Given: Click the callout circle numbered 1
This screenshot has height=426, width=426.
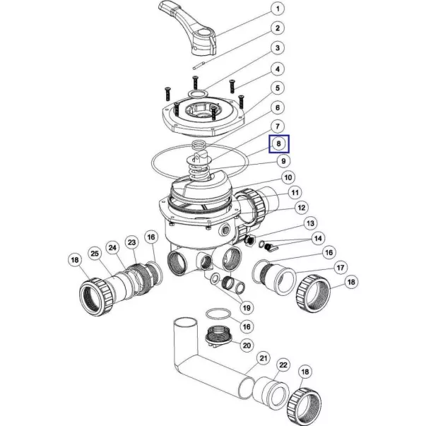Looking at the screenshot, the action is point(278,9).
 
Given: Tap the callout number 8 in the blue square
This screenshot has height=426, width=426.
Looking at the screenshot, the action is point(279,143).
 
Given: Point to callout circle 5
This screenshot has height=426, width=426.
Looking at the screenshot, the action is point(278,88).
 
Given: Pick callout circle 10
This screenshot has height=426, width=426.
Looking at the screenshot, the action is point(288,178).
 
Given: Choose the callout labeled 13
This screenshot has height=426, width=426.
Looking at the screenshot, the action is point(310,223).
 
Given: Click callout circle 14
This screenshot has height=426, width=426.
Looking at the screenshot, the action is point(318,238).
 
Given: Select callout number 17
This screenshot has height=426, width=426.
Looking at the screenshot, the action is point(341,268).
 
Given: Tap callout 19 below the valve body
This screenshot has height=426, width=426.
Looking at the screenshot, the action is point(247,308).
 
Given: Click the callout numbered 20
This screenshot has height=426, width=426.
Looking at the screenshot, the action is point(247,345).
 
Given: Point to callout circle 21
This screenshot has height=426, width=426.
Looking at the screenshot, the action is point(264,358).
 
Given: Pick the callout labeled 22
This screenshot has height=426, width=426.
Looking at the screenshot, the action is point(283,365).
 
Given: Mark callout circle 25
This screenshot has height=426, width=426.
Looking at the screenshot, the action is point(95,254).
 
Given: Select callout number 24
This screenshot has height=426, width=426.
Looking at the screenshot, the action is point(112,247).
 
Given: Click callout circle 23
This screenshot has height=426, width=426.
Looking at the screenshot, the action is point(132,242).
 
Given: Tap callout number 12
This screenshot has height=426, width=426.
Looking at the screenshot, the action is point(302,208).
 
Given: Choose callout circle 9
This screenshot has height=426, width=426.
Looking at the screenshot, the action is point(283,161).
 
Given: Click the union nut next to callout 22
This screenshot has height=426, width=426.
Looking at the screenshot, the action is point(304,405).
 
